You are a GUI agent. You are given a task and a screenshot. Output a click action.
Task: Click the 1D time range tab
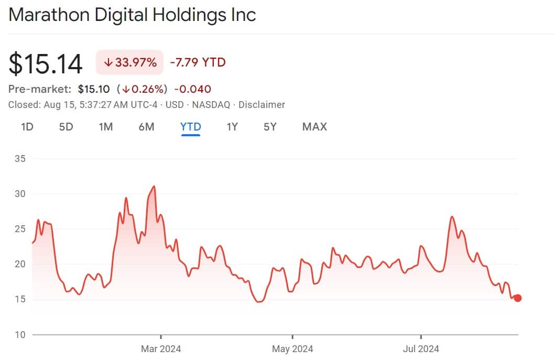27,127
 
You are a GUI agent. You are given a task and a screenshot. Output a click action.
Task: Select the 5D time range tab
66,127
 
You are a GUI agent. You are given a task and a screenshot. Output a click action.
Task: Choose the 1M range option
106,127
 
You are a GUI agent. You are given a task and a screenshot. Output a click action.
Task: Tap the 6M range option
146,127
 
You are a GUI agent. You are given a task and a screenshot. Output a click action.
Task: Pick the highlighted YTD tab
191,127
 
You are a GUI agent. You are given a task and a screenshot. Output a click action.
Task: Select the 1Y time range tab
232,127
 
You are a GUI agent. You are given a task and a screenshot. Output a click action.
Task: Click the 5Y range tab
270,127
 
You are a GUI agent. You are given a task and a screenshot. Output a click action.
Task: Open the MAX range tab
314,127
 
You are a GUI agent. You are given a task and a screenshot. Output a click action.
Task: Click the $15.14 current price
46,64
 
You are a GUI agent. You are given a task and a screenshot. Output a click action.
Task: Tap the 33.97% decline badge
130,63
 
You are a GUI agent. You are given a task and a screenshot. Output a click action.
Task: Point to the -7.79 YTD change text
198,63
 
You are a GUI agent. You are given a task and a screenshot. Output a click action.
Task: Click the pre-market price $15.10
94,89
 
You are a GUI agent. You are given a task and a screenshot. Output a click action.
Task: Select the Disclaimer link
262,105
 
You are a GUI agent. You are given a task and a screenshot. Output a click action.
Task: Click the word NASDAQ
211,105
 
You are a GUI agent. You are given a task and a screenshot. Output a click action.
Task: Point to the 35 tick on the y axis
19,158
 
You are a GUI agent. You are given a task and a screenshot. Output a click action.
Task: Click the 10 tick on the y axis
19,335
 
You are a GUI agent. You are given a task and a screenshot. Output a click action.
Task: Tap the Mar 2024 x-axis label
161,348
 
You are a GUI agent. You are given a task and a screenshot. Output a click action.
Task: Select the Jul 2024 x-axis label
421,348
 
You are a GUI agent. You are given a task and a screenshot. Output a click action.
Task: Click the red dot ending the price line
518,298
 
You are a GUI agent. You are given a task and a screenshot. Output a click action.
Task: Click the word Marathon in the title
49,15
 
